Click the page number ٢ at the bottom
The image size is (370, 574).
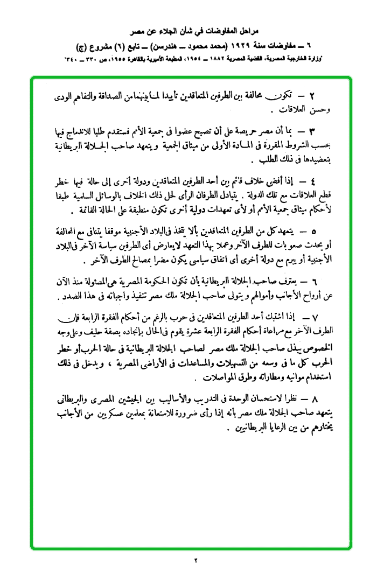(197, 561)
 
